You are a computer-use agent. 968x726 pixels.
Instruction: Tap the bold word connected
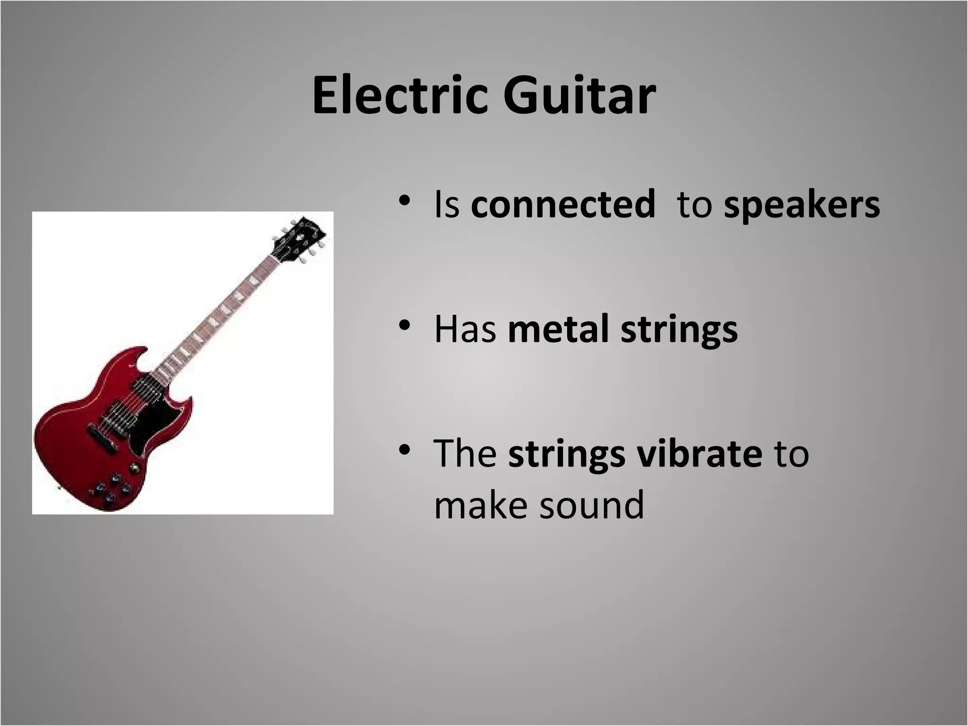[x=562, y=205]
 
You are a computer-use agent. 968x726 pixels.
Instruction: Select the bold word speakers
[x=802, y=205]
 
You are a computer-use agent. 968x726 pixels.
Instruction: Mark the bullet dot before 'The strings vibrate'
[x=403, y=449]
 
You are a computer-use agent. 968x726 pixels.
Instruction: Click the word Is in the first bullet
[x=446, y=205]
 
